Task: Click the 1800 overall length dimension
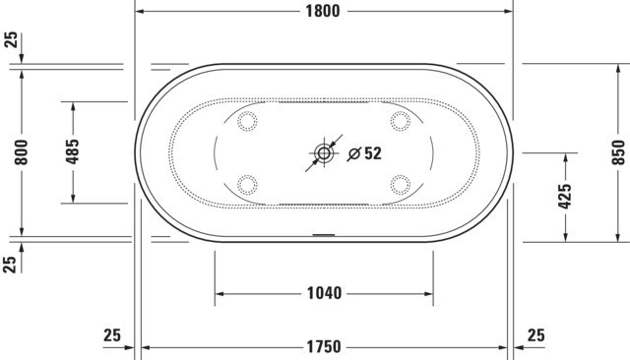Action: tap(323, 11)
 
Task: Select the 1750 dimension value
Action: tap(324, 347)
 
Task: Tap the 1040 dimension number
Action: tap(324, 293)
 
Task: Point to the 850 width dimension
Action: tap(619, 152)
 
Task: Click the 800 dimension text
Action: tap(22, 152)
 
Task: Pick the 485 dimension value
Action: tap(72, 151)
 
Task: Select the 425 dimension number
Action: tap(565, 197)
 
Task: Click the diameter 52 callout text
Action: tap(364, 153)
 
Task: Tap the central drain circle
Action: tap(324, 152)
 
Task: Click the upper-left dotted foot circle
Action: tap(247, 121)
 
